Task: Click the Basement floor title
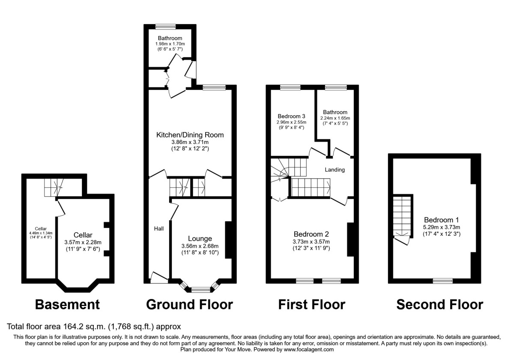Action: pyautogui.click(x=67, y=305)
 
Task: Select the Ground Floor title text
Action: pyautogui.click(x=189, y=305)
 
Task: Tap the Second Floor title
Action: pyautogui.click(x=439, y=305)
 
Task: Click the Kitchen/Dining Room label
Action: pyautogui.click(x=189, y=135)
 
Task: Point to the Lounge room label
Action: pyautogui.click(x=200, y=239)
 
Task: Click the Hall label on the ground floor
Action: pyautogui.click(x=159, y=229)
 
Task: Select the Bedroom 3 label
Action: pyautogui.click(x=291, y=116)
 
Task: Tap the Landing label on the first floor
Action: pyautogui.click(x=335, y=170)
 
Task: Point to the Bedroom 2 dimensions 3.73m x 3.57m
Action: pyautogui.click(x=311, y=241)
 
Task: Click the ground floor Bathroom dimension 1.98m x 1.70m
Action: pyautogui.click(x=170, y=44)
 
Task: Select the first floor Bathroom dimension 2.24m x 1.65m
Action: pyautogui.click(x=335, y=118)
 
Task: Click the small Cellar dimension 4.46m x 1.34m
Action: pyautogui.click(x=41, y=233)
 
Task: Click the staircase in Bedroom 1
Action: pyautogui.click(x=402, y=216)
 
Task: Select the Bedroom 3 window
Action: pyautogui.click(x=290, y=87)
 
